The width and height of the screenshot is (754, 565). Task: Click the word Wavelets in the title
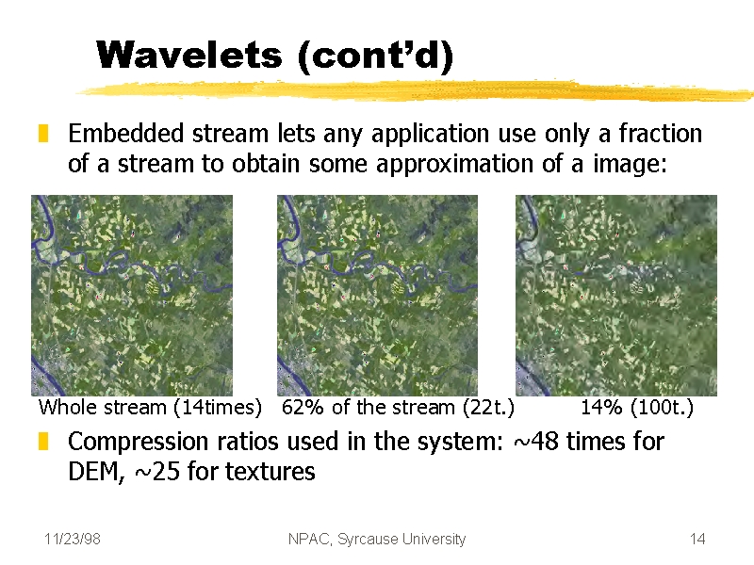point(189,55)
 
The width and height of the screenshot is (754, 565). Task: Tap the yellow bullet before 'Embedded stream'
point(43,134)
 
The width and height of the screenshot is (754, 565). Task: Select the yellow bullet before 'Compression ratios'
point(43,441)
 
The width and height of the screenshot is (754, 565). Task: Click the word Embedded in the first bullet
point(126,133)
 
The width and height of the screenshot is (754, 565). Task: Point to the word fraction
point(661,133)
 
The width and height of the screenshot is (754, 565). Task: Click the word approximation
point(455,164)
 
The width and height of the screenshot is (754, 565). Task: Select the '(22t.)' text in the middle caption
point(488,408)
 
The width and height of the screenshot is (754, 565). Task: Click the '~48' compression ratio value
point(536,441)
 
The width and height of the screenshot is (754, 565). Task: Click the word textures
point(270,472)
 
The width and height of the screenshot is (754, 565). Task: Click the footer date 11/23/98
point(73,539)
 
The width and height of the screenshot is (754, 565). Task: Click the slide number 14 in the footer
point(697,539)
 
